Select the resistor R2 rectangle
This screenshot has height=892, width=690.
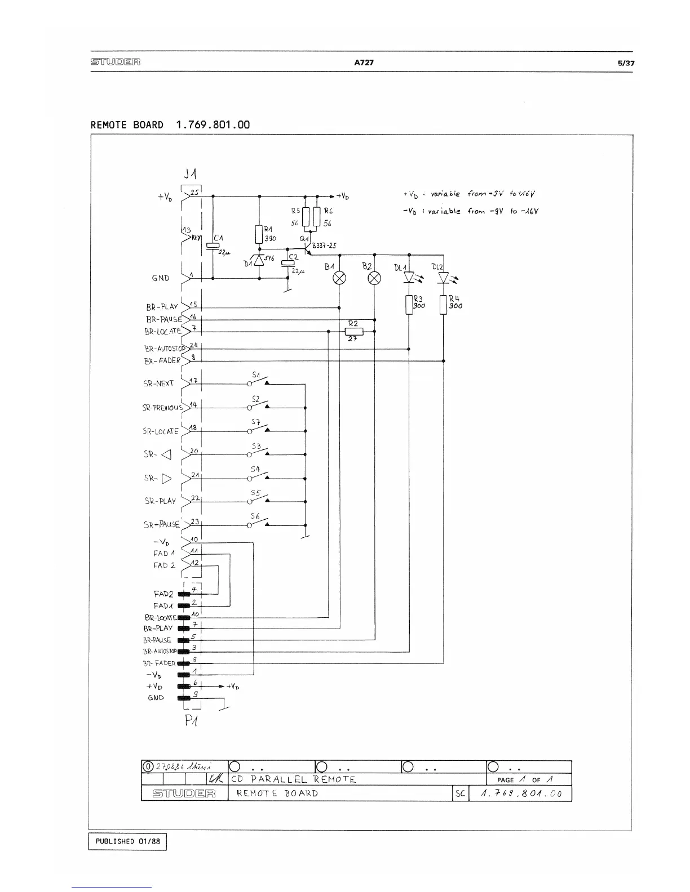pyautogui.click(x=354, y=331)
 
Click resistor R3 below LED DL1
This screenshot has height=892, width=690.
pyautogui.click(x=409, y=305)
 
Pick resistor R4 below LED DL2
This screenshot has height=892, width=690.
pyautogui.click(x=444, y=305)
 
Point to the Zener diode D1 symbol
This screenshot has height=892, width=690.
pyautogui.click(x=259, y=260)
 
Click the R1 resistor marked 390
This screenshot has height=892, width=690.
pyautogui.click(x=259, y=234)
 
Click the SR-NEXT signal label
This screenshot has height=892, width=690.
pyautogui.click(x=159, y=383)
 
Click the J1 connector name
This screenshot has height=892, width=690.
pyautogui.click(x=191, y=173)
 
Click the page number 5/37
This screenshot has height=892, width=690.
pyautogui.click(x=626, y=63)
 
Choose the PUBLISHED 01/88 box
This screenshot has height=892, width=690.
pyautogui.click(x=128, y=841)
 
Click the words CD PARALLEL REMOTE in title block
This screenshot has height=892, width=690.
pyautogui.click(x=293, y=779)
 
